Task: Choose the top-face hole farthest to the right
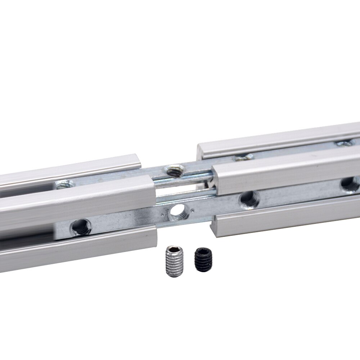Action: (345, 143)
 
